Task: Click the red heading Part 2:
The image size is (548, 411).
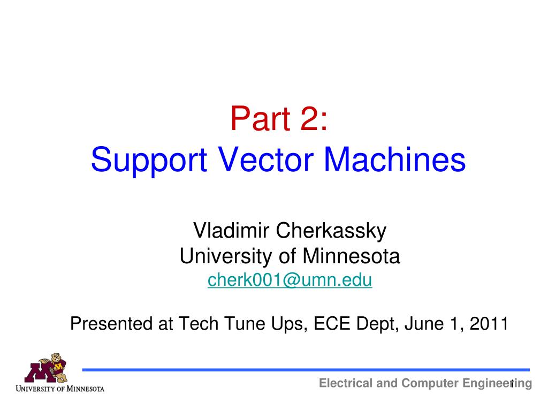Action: (x=279, y=118)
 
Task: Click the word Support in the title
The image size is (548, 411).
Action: (x=149, y=160)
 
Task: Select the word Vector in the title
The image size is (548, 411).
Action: (x=266, y=159)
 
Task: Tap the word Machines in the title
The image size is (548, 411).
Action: (x=395, y=159)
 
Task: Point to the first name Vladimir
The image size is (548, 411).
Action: (x=231, y=230)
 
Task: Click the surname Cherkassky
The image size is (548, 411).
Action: (x=331, y=231)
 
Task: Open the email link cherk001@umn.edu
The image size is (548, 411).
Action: (x=290, y=280)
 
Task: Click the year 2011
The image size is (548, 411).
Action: (x=489, y=323)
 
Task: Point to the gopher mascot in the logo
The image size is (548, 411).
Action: (x=56, y=367)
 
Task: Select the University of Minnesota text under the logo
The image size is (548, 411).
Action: (x=60, y=389)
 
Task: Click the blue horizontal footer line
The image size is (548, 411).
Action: (x=306, y=370)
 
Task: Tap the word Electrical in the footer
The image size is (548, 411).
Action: (x=346, y=383)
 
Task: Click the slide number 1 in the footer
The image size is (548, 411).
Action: (x=512, y=384)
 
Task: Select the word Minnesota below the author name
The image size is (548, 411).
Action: (x=351, y=256)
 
